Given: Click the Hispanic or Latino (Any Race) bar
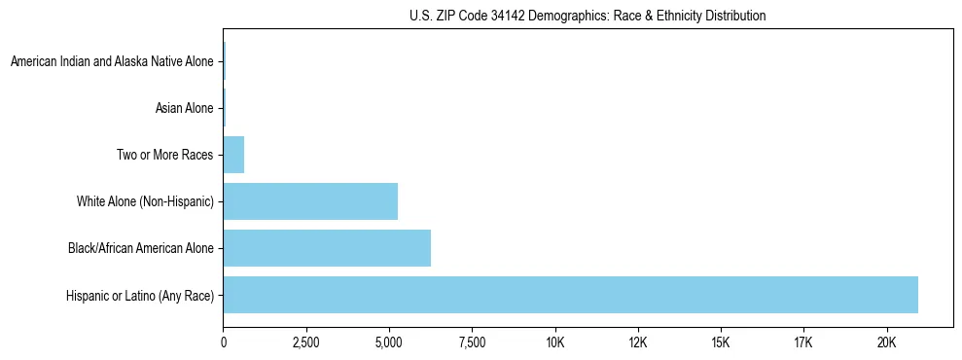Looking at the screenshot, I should [x=570, y=295].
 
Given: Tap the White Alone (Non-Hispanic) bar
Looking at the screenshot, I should [x=310, y=201].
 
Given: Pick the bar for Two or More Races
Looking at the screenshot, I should [x=233, y=155].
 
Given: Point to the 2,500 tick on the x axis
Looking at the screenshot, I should [x=305, y=343].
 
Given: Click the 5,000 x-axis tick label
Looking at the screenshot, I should [x=389, y=343].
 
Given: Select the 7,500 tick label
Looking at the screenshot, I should [x=472, y=343].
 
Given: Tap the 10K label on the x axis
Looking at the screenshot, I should [x=555, y=343].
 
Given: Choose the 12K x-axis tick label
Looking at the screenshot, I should [x=638, y=343].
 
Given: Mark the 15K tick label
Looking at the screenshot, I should [x=721, y=343].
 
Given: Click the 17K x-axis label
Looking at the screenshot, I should [x=803, y=343].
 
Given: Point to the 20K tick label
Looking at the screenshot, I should [x=887, y=343].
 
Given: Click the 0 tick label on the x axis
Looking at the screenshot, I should [x=224, y=343].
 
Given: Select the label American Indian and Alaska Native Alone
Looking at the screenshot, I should [x=111, y=62].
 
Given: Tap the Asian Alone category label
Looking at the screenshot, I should [x=184, y=108].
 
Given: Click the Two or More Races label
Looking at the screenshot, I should [x=164, y=155].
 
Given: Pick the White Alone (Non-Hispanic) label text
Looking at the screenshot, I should [x=145, y=201].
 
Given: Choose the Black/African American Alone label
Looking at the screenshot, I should [x=140, y=248].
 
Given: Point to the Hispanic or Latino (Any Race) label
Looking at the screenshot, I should [x=140, y=295].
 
